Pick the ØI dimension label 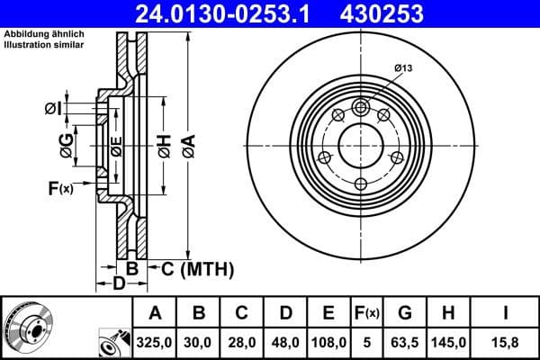[53, 109]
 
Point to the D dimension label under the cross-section [118, 285]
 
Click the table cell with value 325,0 [156, 342]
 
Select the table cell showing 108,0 [328, 342]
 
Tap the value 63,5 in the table [405, 342]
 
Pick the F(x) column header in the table [367, 314]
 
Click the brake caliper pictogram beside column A [113, 342]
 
